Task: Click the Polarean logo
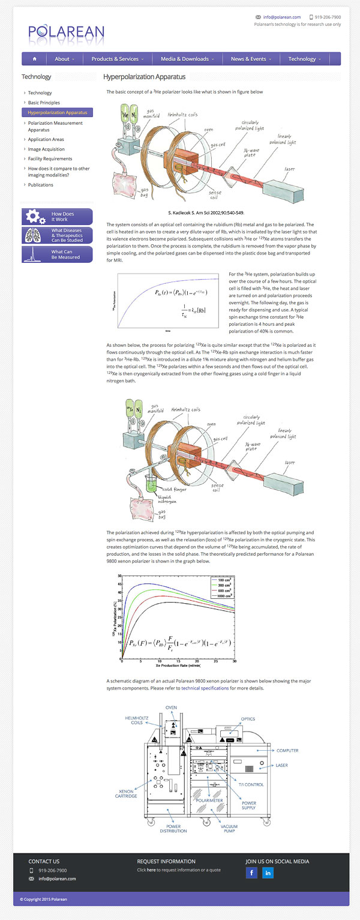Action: [66, 32]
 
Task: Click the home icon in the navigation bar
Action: [35, 59]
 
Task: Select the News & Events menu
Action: [251, 59]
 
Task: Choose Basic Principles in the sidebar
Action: [44, 103]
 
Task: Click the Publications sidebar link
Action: [40, 185]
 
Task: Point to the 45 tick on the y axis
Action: [119, 584]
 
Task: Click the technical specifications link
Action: [205, 688]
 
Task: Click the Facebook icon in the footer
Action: [251, 873]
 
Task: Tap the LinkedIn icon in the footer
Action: [268, 873]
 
